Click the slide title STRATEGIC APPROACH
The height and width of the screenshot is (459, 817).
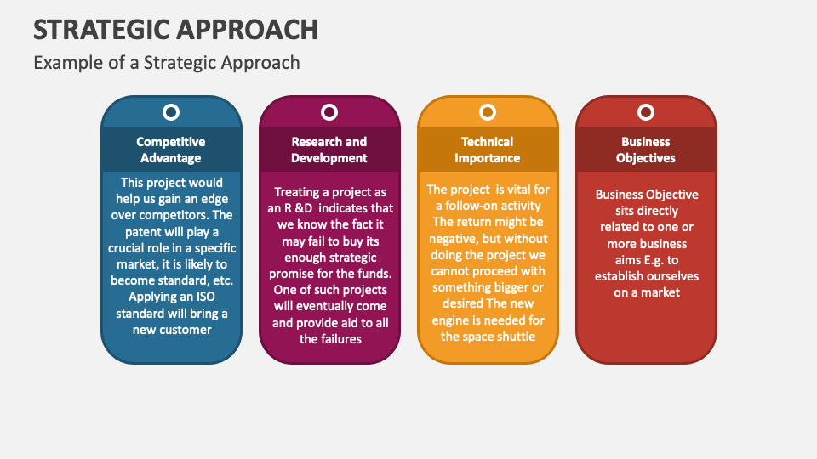[176, 29]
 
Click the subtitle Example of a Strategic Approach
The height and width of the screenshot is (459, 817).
[167, 62]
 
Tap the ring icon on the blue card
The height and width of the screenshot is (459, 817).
[171, 112]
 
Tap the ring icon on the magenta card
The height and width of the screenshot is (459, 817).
[329, 112]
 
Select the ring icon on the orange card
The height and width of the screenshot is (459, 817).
[488, 112]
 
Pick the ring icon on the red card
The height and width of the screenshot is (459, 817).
[646, 112]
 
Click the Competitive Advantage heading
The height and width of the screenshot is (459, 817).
[171, 150]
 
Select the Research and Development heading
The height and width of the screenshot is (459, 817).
[329, 150]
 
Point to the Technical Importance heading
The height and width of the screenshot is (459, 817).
[488, 150]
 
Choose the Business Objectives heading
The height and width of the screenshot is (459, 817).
[646, 150]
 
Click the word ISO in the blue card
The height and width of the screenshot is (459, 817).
[202, 297]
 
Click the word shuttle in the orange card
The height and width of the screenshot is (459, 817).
[513, 336]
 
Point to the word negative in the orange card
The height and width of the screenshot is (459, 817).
[457, 239]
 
